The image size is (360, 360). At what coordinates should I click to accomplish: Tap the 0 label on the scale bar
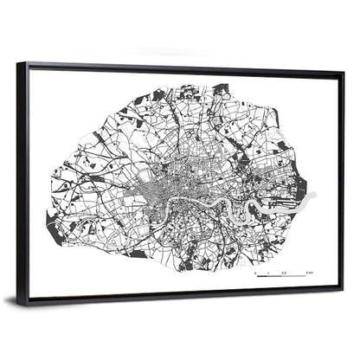tap(255, 272)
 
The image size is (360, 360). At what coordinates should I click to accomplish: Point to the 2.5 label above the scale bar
tap(283, 272)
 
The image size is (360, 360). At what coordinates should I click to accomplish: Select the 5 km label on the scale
tap(309, 272)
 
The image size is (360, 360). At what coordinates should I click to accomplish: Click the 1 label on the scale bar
tap(267, 272)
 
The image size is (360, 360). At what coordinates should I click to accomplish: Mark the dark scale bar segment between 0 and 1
tap(260, 275)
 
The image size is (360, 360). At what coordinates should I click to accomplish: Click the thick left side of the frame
tap(22, 182)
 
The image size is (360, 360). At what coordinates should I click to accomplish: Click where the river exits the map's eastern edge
tap(316, 196)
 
